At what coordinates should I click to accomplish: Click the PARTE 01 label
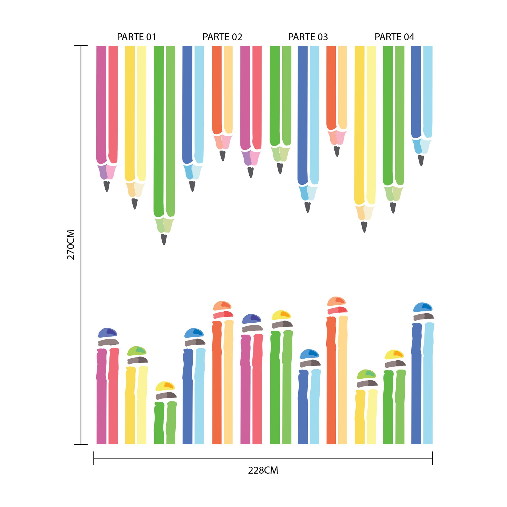(136, 37)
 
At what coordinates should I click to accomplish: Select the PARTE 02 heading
(222, 37)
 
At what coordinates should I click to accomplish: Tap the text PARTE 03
(308, 37)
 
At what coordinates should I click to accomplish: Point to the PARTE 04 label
(394, 37)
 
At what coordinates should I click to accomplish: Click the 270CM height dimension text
(71, 244)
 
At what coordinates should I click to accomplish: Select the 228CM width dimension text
(263, 470)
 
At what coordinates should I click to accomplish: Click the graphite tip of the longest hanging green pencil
(164, 239)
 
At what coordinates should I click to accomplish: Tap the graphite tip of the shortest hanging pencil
(337, 151)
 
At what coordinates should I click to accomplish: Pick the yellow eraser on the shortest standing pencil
(165, 386)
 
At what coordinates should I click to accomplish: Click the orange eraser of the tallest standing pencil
(336, 301)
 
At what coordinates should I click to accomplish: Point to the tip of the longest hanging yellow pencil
(364, 227)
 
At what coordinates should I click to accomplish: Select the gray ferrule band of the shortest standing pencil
(166, 395)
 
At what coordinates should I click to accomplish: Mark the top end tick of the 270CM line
(81, 45)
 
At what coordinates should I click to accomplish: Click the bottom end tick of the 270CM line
(81, 445)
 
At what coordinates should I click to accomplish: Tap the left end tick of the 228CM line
(94, 458)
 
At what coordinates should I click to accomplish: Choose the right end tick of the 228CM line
(433, 458)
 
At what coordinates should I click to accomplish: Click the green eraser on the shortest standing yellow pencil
(366, 374)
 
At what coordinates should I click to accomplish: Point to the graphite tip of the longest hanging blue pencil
(307, 207)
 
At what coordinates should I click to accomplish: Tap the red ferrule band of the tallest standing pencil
(337, 310)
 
